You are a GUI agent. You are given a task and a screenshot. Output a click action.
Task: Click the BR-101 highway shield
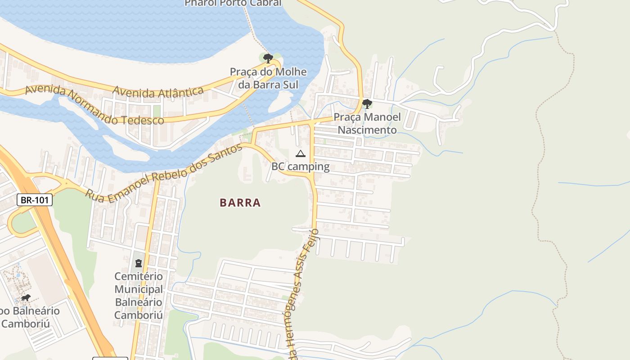(35, 200)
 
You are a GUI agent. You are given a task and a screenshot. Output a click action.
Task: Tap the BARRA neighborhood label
(240, 202)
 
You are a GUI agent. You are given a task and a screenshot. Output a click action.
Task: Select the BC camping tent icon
(301, 154)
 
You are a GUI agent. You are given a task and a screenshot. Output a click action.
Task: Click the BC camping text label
(300, 166)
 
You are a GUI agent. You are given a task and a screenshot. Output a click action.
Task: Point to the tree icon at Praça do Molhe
(268, 58)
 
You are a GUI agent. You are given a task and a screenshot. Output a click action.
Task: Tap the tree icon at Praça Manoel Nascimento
(367, 104)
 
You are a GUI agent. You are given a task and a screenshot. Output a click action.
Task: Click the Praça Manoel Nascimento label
(367, 124)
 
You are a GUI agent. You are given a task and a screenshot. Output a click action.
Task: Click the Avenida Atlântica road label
(158, 92)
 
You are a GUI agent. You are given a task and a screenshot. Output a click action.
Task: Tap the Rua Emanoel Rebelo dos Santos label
(165, 173)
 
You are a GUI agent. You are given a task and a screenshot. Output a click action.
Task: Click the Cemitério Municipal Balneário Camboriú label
(139, 295)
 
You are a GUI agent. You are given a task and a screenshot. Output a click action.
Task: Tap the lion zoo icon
(26, 298)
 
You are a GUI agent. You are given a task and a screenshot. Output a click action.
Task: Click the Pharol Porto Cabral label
(233, 3)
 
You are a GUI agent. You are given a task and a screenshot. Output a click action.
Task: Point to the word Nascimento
(367, 130)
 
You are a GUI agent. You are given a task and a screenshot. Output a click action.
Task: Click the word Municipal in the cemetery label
(139, 289)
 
